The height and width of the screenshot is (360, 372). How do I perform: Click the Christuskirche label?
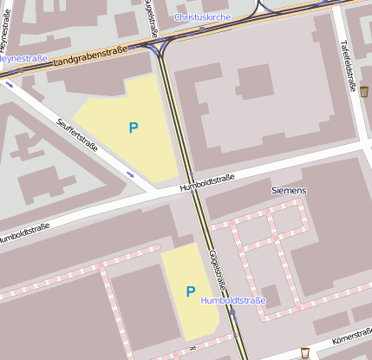click(201, 16)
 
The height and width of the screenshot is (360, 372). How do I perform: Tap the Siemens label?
click(289, 190)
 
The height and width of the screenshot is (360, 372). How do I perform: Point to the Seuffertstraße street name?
click(77, 134)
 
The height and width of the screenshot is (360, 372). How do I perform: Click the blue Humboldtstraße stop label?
click(233, 300)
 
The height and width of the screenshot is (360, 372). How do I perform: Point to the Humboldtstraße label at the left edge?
click(23, 232)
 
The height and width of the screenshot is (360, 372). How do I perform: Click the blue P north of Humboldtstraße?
click(134, 128)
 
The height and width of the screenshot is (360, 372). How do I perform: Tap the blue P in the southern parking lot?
click(190, 291)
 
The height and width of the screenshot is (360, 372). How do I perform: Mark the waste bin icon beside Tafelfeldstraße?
click(364, 91)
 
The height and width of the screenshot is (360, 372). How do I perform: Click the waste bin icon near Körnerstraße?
click(304, 351)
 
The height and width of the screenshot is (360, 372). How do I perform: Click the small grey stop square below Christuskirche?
click(202, 29)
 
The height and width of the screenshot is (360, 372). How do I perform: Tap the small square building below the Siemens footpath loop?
click(271, 295)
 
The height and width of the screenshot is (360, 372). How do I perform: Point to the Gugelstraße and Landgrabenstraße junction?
click(161, 43)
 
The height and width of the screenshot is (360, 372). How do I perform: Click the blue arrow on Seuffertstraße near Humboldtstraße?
click(130, 174)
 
